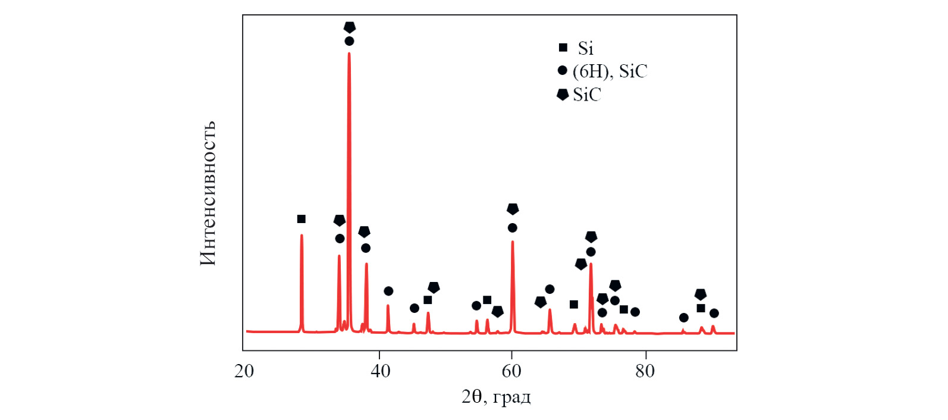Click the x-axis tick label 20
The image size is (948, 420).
tap(244, 371)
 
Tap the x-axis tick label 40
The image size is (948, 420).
tap(380, 371)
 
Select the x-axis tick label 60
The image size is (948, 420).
tap(511, 371)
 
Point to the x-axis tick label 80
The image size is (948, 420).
tap(645, 371)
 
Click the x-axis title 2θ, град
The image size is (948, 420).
tap(496, 396)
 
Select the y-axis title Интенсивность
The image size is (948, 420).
tap(208, 193)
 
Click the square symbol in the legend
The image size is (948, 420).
tap(563, 48)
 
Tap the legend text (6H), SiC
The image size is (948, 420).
tap(610, 71)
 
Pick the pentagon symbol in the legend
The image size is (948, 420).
tap(563, 95)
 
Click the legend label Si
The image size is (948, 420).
tap(586, 48)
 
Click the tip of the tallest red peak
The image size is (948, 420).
tap(349, 54)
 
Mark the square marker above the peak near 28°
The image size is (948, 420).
tap(302, 219)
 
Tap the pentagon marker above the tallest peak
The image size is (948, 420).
tap(350, 27)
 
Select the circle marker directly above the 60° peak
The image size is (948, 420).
tap(513, 228)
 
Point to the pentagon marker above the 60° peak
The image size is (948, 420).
tap(513, 209)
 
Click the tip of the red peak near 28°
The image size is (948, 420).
tap(302, 235)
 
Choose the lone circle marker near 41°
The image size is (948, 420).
tap(388, 291)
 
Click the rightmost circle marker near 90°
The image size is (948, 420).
tap(714, 313)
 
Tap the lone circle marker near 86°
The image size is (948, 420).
tap(684, 318)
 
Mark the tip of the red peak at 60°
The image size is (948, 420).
tap(513, 242)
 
